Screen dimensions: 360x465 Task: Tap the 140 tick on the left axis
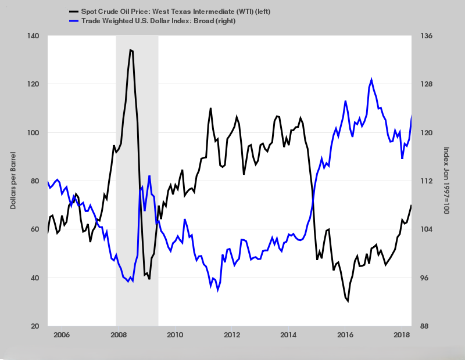[x=33, y=36]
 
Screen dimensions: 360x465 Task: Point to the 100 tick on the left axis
[x=33, y=132]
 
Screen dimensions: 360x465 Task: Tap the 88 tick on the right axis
[x=424, y=326]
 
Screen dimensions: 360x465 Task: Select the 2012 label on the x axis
[x=232, y=335]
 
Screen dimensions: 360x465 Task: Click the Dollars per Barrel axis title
[x=13, y=181]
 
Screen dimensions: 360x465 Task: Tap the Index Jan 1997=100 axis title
[x=446, y=181]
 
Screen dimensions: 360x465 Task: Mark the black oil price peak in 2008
[x=131, y=50]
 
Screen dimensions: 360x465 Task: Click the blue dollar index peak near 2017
[x=371, y=80]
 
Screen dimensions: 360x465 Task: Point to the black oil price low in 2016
[x=348, y=301]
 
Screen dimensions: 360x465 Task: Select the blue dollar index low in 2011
[x=217, y=290]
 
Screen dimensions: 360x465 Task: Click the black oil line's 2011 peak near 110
[x=210, y=108]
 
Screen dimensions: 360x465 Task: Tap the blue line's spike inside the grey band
[x=149, y=175]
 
